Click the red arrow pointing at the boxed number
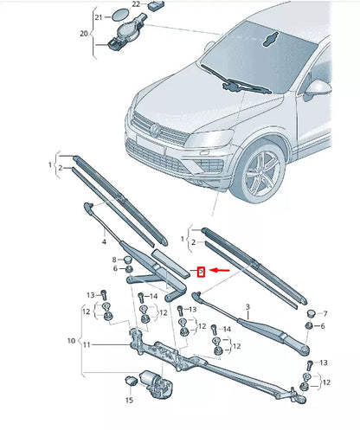click(220, 270)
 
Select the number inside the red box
click(201, 271)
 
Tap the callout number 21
click(100, 16)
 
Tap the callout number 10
click(73, 341)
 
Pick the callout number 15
click(130, 400)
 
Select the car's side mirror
click(321, 87)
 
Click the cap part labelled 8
click(126, 258)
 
